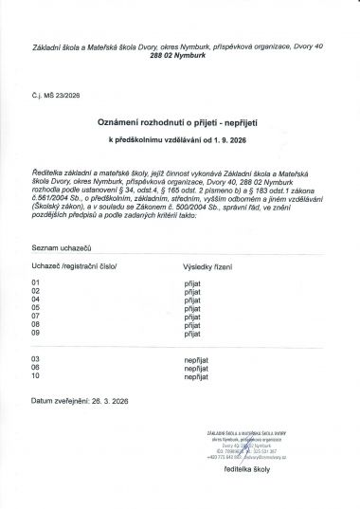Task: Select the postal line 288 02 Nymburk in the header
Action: click(180, 58)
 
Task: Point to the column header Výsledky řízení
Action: click(213, 267)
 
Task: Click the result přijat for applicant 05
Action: click(193, 308)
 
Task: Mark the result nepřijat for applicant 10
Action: click(196, 376)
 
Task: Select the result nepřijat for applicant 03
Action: click(196, 359)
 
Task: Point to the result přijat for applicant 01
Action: click(193, 282)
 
